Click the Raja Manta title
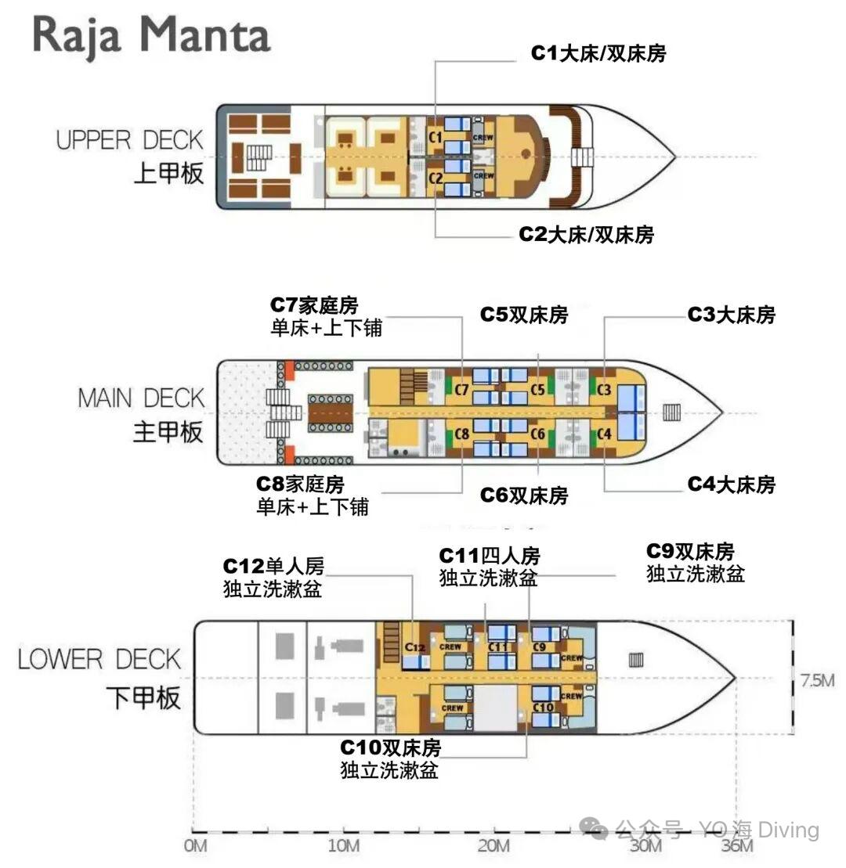point(151,36)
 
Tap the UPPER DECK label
point(130,140)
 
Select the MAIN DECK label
point(141,398)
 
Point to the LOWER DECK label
point(99,659)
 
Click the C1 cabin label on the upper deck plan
point(436,136)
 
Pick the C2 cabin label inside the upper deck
point(436,178)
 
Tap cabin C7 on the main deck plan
point(461,390)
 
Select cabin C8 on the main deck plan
point(461,434)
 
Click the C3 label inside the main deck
point(604,390)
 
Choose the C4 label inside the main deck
point(604,434)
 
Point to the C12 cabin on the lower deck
point(415,647)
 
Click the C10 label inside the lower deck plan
point(543,707)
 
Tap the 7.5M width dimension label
point(817,680)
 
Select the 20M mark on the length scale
point(493,846)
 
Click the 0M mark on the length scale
point(195,846)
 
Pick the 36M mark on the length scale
point(737,846)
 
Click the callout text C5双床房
point(524,315)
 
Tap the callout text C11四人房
point(490,555)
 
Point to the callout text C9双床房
point(690,551)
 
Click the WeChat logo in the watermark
point(594,829)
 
